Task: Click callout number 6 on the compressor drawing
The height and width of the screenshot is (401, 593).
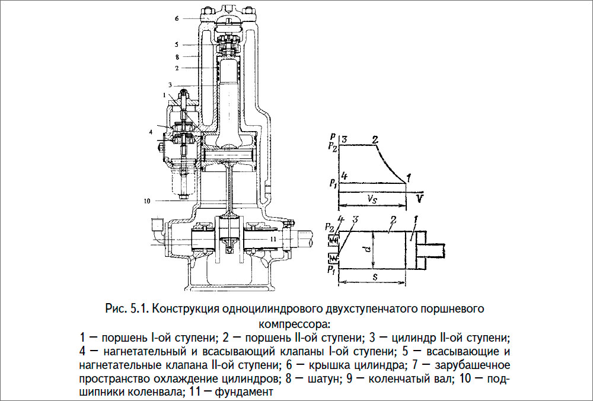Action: pyautogui.click(x=176, y=19)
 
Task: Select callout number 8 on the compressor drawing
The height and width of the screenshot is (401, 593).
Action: pyautogui.click(x=177, y=58)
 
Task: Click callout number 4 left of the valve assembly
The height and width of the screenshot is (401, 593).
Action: pyautogui.click(x=151, y=131)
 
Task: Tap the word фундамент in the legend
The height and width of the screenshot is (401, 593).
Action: pyautogui.click(x=243, y=392)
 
